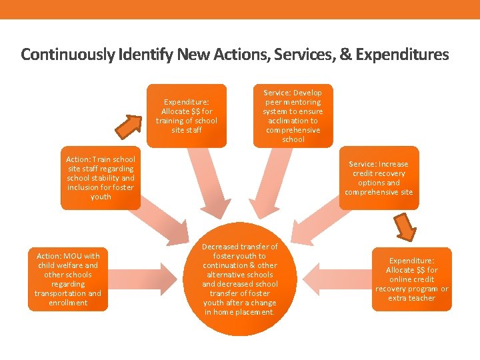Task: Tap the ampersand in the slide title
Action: [345, 55]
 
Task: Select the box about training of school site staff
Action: [187, 115]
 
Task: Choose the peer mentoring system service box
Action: [293, 116]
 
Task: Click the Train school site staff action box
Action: [101, 178]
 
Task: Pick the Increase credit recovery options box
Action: [379, 178]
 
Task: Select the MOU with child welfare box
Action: [68, 279]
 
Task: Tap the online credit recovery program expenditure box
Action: [411, 279]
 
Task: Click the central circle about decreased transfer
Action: [240, 279]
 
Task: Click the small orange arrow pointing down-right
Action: [404, 227]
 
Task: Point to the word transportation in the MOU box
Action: [59, 293]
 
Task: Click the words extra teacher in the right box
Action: [411, 298]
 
